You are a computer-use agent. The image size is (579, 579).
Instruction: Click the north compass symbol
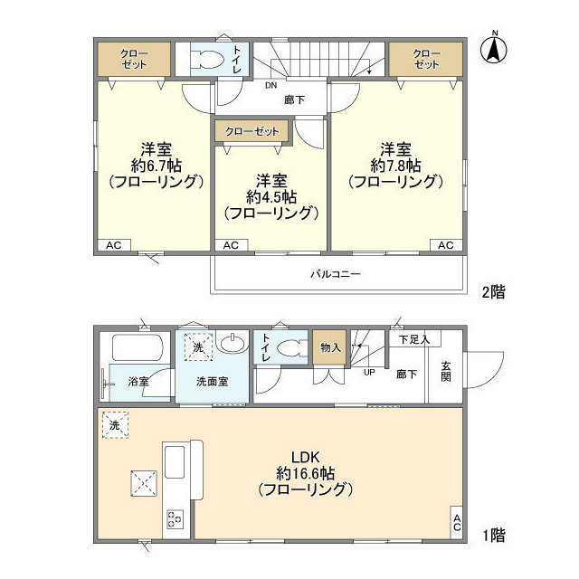[495, 49]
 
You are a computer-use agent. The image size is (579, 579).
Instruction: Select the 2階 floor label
[493, 291]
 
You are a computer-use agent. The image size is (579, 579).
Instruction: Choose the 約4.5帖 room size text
[271, 196]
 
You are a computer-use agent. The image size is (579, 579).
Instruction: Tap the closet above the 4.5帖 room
[252, 132]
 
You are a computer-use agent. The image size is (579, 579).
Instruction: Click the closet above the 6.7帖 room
[134, 60]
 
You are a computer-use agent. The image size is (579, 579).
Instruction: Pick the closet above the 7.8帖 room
[426, 60]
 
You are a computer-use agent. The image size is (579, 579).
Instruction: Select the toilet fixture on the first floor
[290, 348]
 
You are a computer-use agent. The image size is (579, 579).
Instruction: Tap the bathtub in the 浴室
[136, 347]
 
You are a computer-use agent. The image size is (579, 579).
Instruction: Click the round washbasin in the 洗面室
[233, 345]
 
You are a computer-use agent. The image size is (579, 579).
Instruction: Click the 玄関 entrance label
[446, 371]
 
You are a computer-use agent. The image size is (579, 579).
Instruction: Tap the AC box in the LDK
[457, 523]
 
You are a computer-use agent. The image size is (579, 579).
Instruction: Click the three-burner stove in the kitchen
[174, 518]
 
